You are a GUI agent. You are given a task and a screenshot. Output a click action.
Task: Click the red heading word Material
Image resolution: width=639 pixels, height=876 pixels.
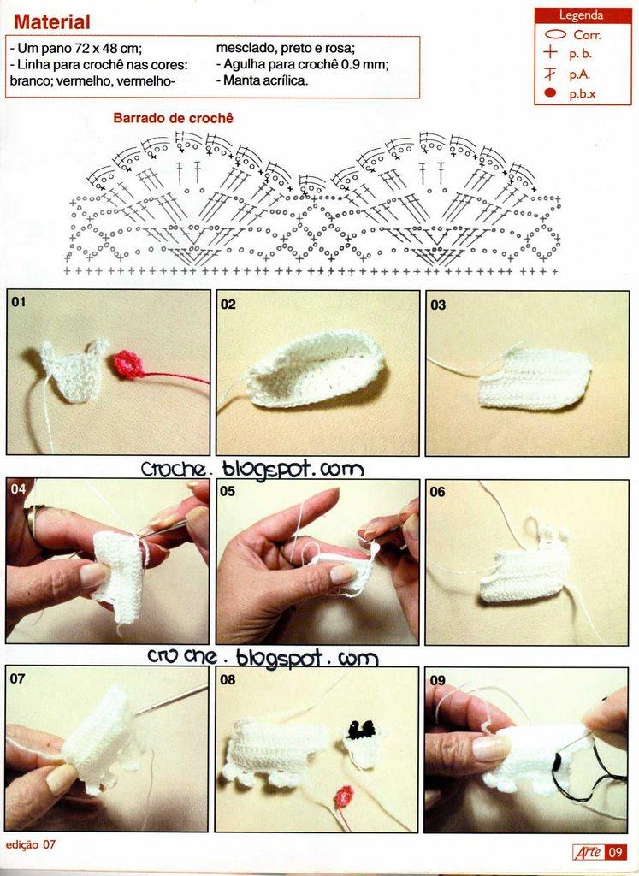coord(51,21)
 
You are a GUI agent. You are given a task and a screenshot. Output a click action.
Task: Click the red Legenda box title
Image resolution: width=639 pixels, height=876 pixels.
coord(582,15)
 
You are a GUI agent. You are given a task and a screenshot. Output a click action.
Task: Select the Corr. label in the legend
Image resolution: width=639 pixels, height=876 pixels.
coord(587,35)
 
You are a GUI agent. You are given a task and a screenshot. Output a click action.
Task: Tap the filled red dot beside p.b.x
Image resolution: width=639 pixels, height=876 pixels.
coord(551,93)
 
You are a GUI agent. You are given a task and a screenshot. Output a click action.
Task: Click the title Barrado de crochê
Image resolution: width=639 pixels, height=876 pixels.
coord(173,118)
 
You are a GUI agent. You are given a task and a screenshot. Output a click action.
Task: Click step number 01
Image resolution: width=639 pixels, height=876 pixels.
coord(19,302)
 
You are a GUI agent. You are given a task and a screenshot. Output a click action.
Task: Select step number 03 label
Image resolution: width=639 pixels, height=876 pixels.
coord(439,305)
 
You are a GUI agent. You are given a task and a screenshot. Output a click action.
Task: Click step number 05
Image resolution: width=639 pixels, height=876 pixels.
coord(228,492)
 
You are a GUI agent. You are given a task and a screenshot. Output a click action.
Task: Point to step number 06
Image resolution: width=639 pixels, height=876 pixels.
coord(437,492)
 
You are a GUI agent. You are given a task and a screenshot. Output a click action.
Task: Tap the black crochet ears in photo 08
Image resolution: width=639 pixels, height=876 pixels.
coord(361,729)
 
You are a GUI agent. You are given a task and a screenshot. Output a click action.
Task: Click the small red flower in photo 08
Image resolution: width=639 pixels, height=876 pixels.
coord(345,796)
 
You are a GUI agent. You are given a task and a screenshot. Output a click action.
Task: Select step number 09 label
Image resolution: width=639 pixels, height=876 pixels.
coord(438,680)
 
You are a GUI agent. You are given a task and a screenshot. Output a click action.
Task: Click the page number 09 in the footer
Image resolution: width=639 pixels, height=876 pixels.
coord(616,853)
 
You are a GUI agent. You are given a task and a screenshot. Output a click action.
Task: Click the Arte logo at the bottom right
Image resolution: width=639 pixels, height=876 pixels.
coord(589,853)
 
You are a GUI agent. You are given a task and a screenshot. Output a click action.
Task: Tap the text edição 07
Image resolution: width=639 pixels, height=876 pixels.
coord(32,844)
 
